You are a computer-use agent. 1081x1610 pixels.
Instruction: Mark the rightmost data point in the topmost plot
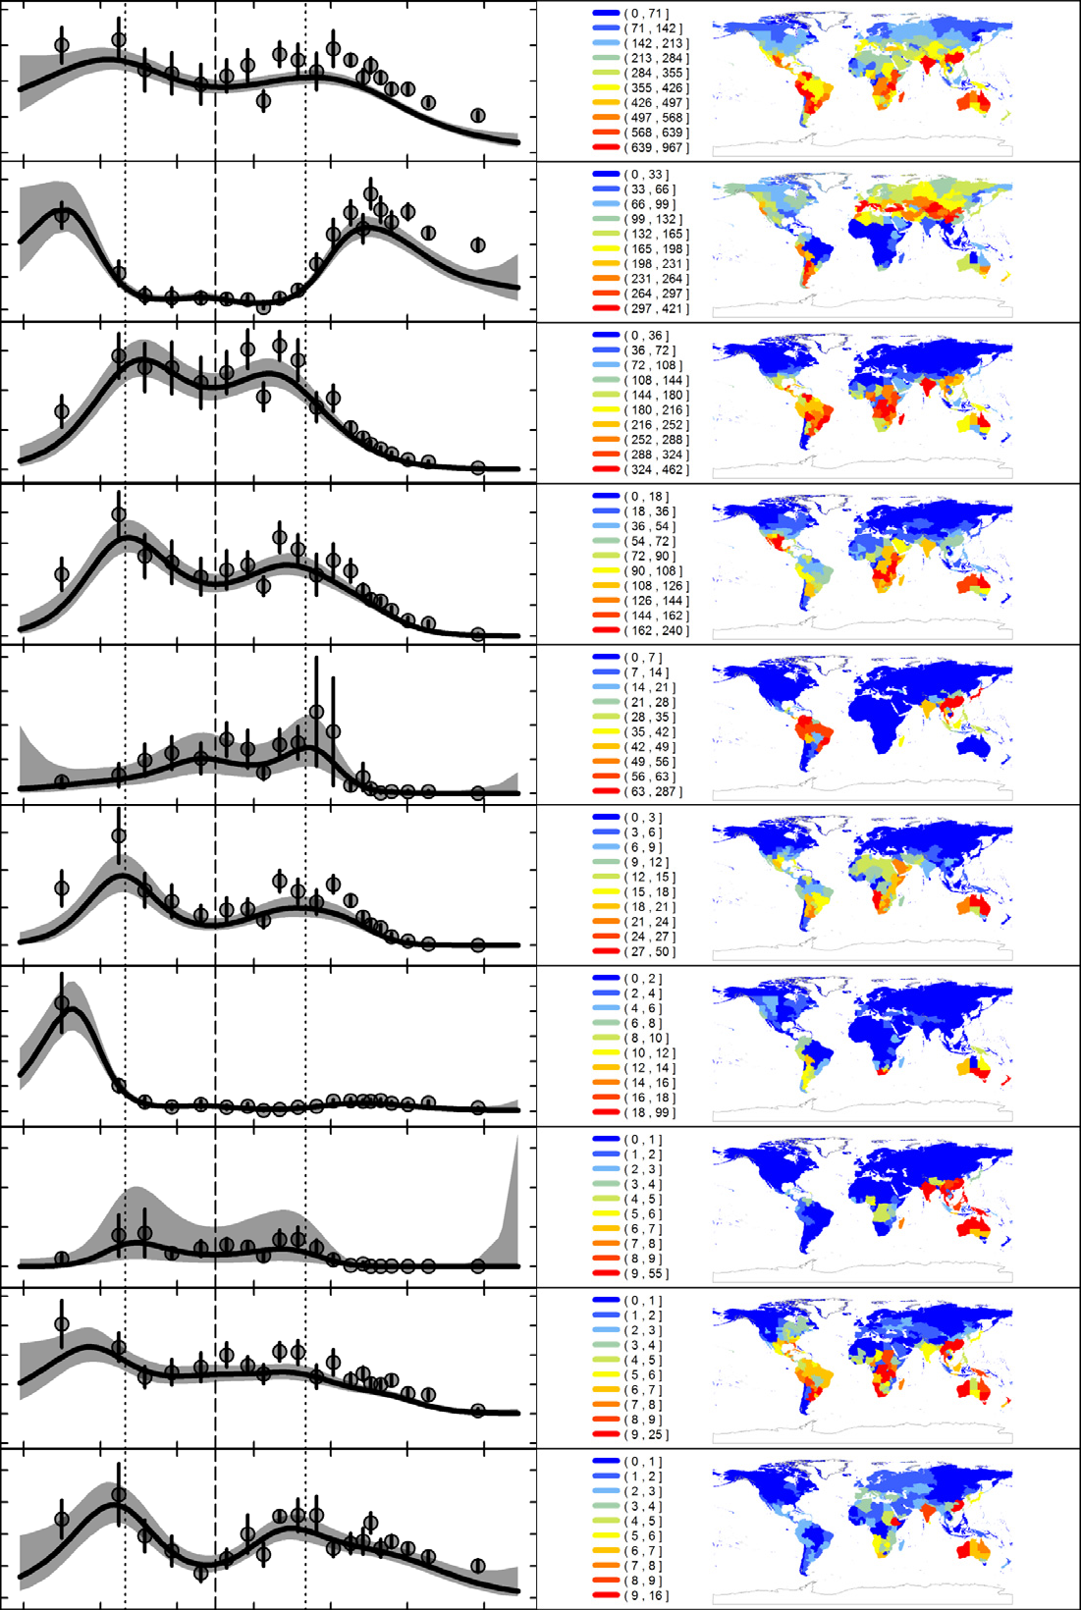[478, 116]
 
